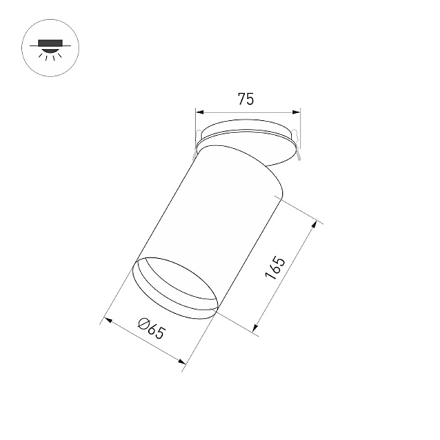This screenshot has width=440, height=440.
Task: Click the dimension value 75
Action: [x=246, y=99]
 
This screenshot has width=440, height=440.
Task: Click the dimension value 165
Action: [x=275, y=268]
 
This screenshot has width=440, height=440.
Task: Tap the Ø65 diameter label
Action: [x=151, y=328]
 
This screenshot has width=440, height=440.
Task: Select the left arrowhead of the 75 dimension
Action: [x=199, y=112]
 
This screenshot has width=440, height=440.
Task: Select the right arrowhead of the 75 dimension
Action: [x=296, y=112]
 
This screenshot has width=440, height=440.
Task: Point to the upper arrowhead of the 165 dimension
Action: [x=315, y=224]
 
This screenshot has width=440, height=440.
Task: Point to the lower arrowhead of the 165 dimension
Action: [x=255, y=328]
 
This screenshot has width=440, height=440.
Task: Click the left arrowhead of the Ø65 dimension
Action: [x=108, y=320]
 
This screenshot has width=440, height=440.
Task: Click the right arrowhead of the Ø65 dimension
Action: [x=182, y=362]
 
